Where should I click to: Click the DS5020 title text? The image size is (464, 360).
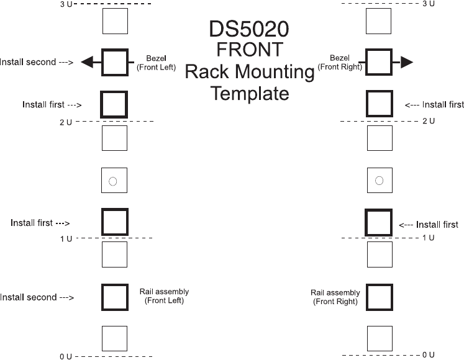(250, 30)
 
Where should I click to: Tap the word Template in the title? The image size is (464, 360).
(250, 94)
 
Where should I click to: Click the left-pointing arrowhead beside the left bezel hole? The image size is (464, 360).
(88, 62)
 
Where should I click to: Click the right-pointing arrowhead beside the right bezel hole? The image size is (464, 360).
(407, 62)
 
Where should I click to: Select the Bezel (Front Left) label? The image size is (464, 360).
(157, 62)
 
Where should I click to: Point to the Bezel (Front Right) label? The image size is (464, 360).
(340, 62)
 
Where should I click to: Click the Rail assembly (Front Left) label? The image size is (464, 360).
(164, 296)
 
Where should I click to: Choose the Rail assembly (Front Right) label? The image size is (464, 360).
(335, 297)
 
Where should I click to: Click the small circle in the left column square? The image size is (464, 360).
(113, 181)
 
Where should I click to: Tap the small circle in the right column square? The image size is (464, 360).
(379, 181)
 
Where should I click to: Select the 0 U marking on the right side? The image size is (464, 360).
(428, 354)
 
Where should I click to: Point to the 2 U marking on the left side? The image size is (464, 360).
(66, 122)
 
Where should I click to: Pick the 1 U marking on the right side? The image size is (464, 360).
(428, 238)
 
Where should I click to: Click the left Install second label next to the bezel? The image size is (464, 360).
(37, 62)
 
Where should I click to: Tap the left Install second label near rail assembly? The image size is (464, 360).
(37, 297)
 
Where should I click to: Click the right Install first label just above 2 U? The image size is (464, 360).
(434, 105)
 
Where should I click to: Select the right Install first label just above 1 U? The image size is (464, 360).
(429, 225)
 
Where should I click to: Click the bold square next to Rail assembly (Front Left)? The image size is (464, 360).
(114, 297)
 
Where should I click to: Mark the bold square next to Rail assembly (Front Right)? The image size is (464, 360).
(379, 297)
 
